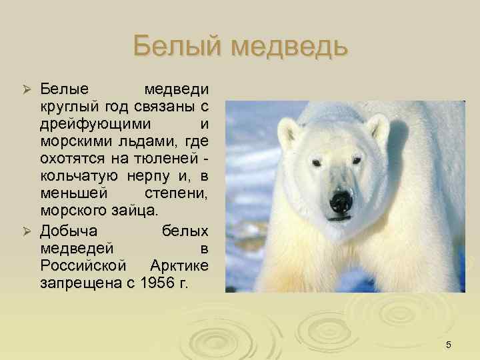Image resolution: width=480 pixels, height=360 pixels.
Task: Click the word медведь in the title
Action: tap(289, 47)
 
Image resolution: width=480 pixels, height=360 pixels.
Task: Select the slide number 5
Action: tap(449, 344)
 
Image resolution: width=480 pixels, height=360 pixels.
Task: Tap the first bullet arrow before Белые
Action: tap(27, 90)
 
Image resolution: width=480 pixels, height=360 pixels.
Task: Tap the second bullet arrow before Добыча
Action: tap(27, 231)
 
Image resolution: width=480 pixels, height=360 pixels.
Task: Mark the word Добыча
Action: tap(69, 231)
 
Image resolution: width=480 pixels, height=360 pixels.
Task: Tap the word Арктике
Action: tap(179, 265)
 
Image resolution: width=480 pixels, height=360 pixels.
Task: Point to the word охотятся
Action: tap(71, 159)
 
